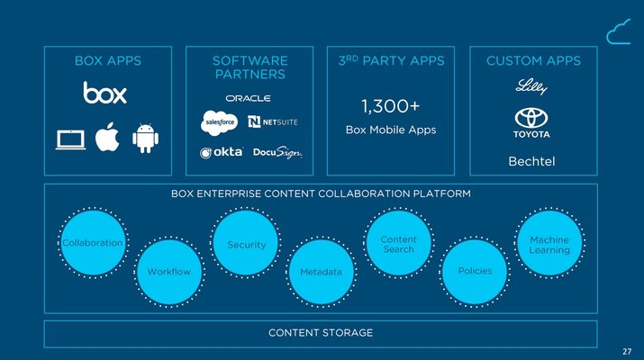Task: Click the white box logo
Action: point(104,93)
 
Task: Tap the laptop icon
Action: point(70,140)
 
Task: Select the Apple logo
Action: point(107,137)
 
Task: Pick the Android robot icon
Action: point(145,139)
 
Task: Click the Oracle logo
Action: point(248,98)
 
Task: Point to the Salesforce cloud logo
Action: point(220,122)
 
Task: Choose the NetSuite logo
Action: point(273,121)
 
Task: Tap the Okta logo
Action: point(222,153)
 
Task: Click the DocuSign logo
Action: point(277,152)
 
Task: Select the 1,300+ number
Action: point(391,106)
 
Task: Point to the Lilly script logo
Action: point(531,86)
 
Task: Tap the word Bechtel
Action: point(531,161)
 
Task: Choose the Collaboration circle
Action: point(94,243)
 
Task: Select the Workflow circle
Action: point(169,272)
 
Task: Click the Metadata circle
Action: point(322,272)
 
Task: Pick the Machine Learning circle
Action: point(549,243)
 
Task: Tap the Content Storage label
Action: point(321,333)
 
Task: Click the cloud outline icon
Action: point(619,31)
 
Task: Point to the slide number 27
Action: point(627,351)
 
